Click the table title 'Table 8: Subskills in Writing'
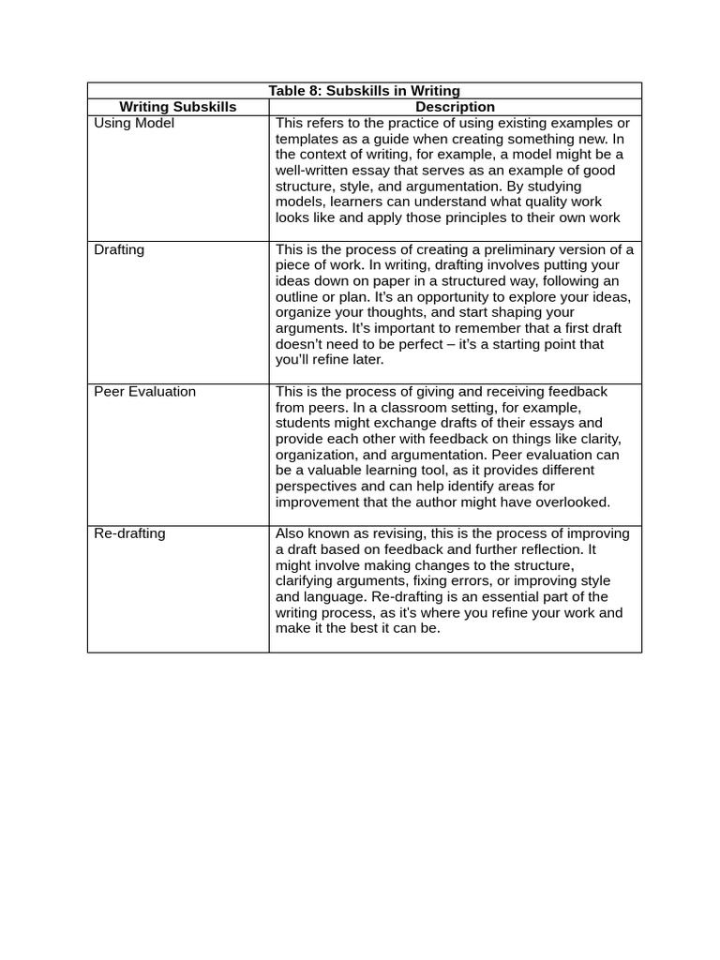[x=364, y=91]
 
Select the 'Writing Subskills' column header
[x=178, y=107]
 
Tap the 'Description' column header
[x=455, y=107]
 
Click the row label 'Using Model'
[x=134, y=123]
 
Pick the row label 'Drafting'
[x=119, y=249]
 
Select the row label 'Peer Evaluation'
[x=145, y=391]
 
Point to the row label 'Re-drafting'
[x=129, y=533]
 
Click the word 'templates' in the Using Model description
[x=306, y=139]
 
